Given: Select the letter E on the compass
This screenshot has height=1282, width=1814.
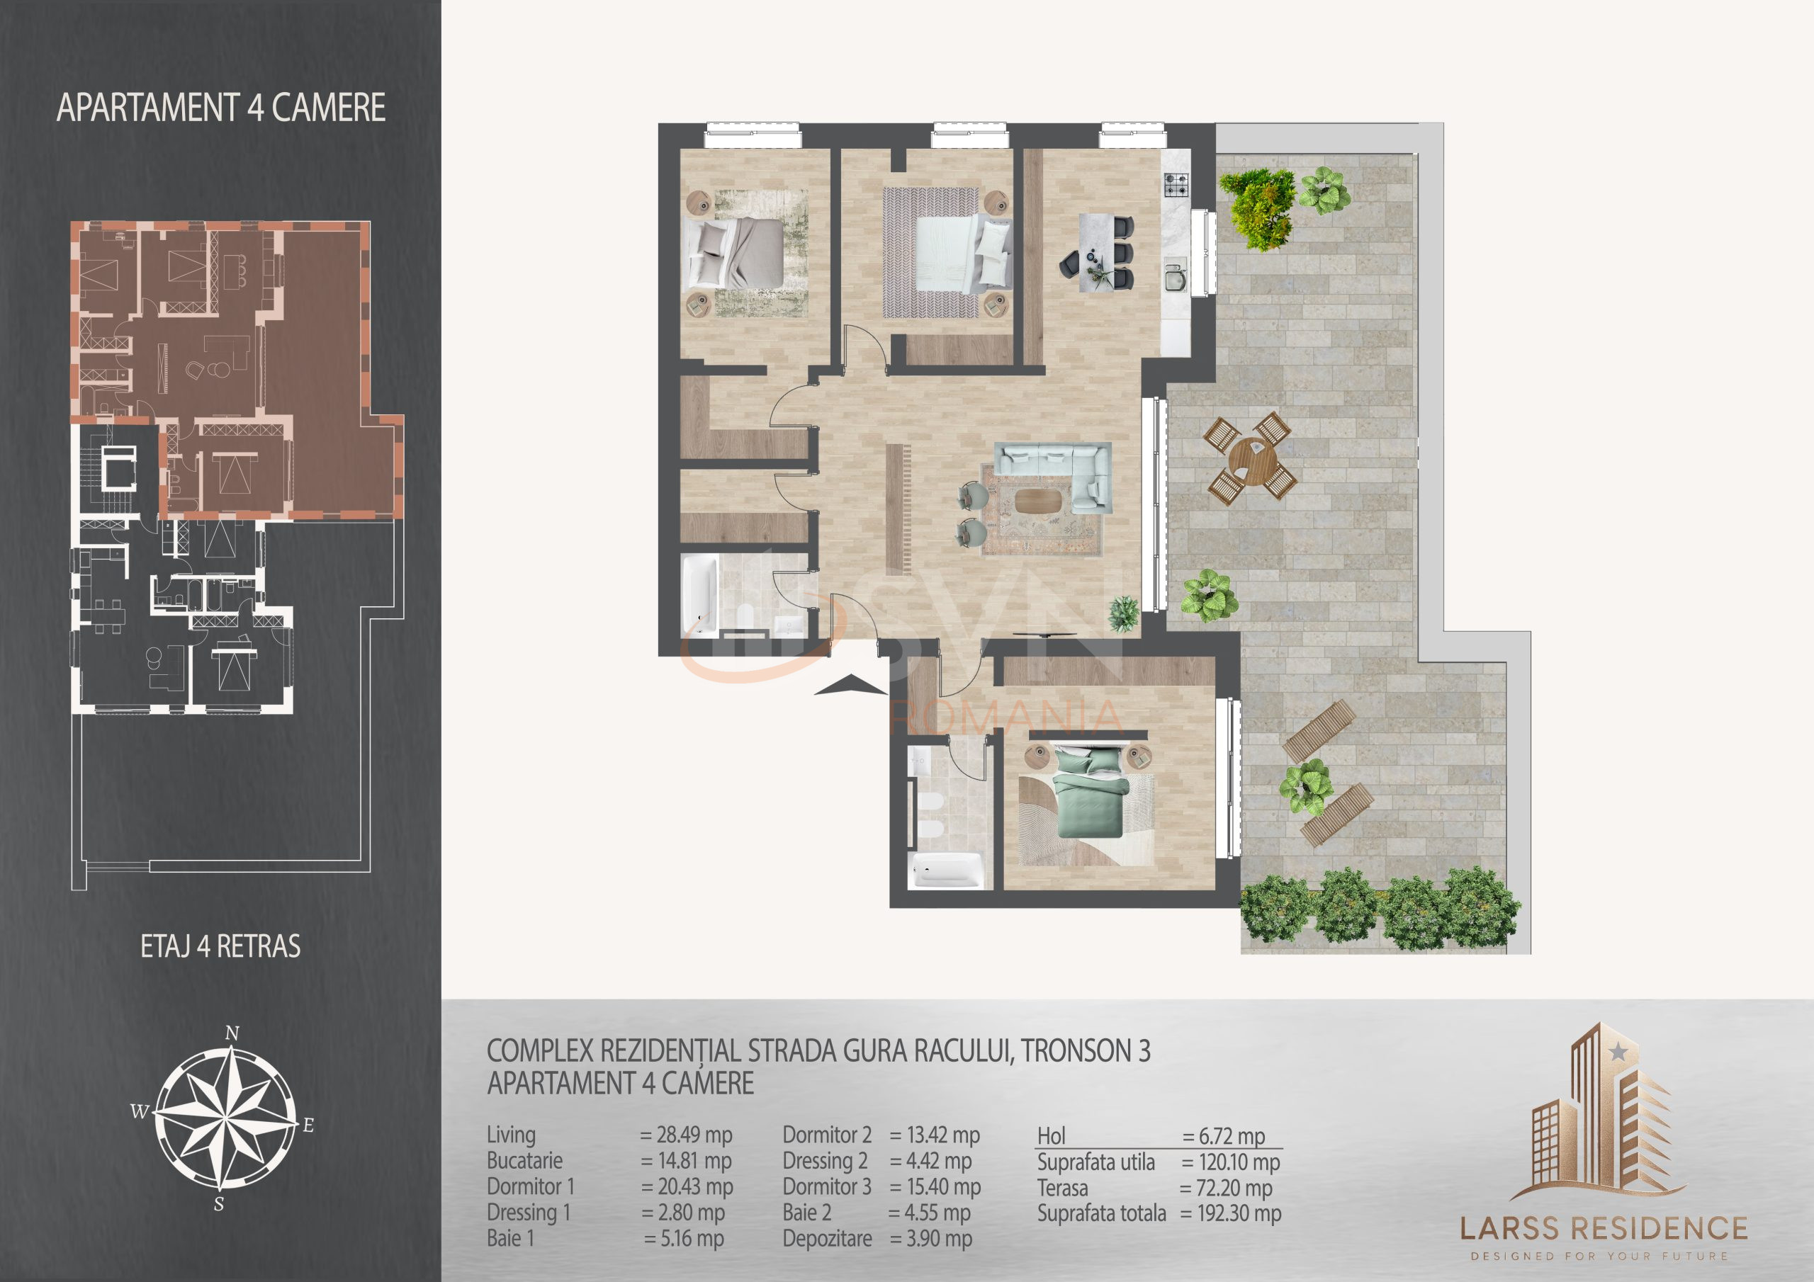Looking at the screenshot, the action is [x=308, y=1125].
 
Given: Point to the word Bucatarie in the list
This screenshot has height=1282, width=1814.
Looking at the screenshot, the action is [x=524, y=1161].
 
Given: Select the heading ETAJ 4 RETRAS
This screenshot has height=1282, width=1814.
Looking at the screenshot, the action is [x=220, y=946].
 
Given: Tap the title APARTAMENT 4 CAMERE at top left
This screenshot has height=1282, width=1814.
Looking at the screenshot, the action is [x=221, y=108].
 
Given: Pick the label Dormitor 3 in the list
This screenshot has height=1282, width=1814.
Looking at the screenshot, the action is [x=826, y=1187].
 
